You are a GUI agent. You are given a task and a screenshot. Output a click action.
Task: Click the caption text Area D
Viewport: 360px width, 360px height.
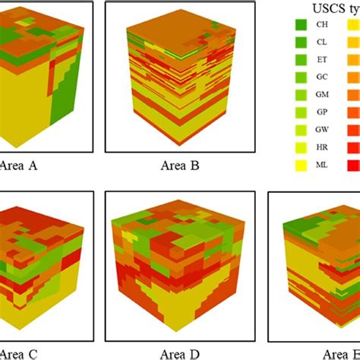point(179,353)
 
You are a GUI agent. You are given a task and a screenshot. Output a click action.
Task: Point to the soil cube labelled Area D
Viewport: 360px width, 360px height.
point(180,265)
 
